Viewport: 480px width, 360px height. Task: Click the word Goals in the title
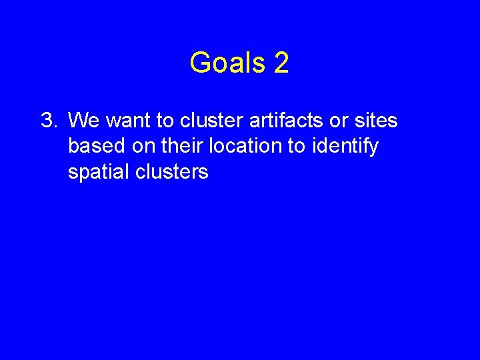tap(227, 63)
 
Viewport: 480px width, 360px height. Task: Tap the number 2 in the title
tap(281, 63)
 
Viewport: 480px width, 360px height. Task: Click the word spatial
tap(99, 172)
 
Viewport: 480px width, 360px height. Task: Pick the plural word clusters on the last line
tap(172, 171)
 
